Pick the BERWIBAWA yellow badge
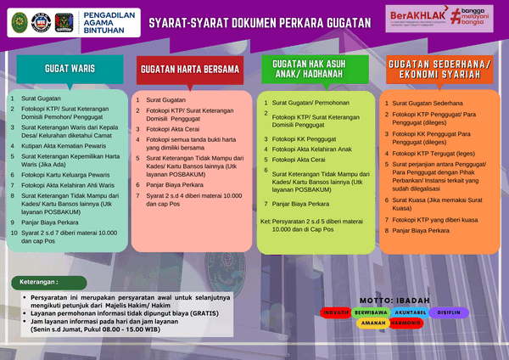pyautogui.click(x=371, y=312)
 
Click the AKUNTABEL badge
pyautogui.click(x=408, y=312)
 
